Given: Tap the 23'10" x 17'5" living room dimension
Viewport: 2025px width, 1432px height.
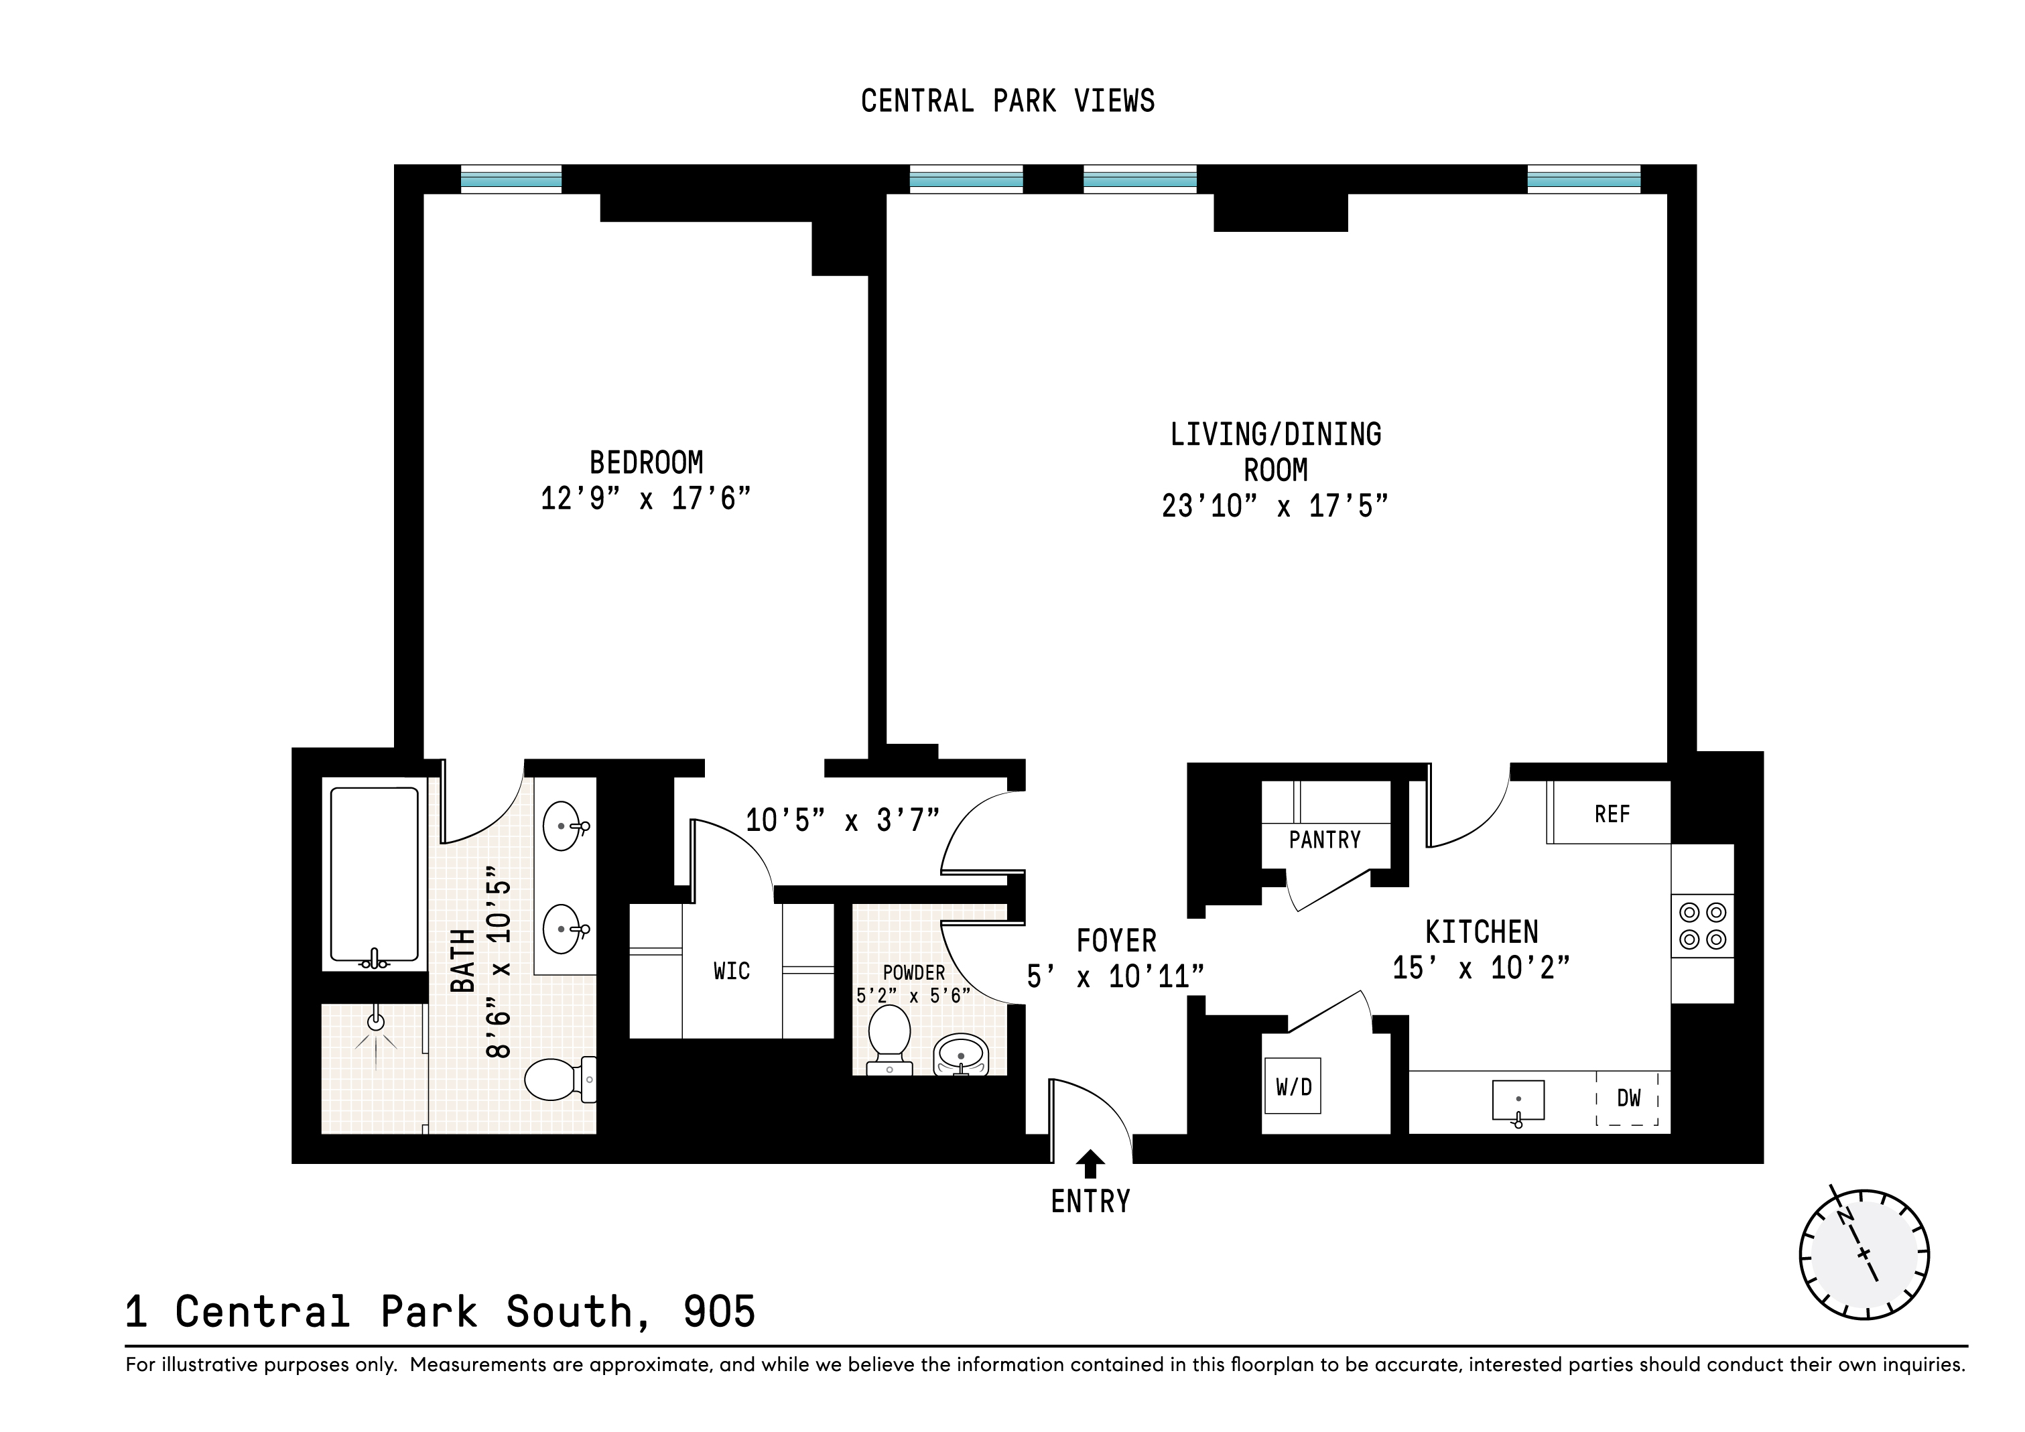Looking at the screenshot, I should [1275, 506].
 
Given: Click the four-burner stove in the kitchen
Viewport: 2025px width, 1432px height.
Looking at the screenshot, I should [1702, 926].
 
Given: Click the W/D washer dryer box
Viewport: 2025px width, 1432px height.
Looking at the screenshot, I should [1293, 1087].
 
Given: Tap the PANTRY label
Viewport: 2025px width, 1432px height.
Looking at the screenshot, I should [1325, 840].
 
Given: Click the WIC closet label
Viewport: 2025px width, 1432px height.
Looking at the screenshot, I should [731, 971].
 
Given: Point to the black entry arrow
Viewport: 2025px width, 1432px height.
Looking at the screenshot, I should [1090, 1163].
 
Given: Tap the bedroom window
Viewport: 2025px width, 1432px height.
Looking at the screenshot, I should [511, 179].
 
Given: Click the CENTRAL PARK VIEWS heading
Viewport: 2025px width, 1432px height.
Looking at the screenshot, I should [1007, 101].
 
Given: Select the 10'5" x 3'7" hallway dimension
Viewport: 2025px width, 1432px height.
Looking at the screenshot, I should [842, 821].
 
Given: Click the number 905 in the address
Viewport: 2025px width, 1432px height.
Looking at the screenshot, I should [719, 1311].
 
